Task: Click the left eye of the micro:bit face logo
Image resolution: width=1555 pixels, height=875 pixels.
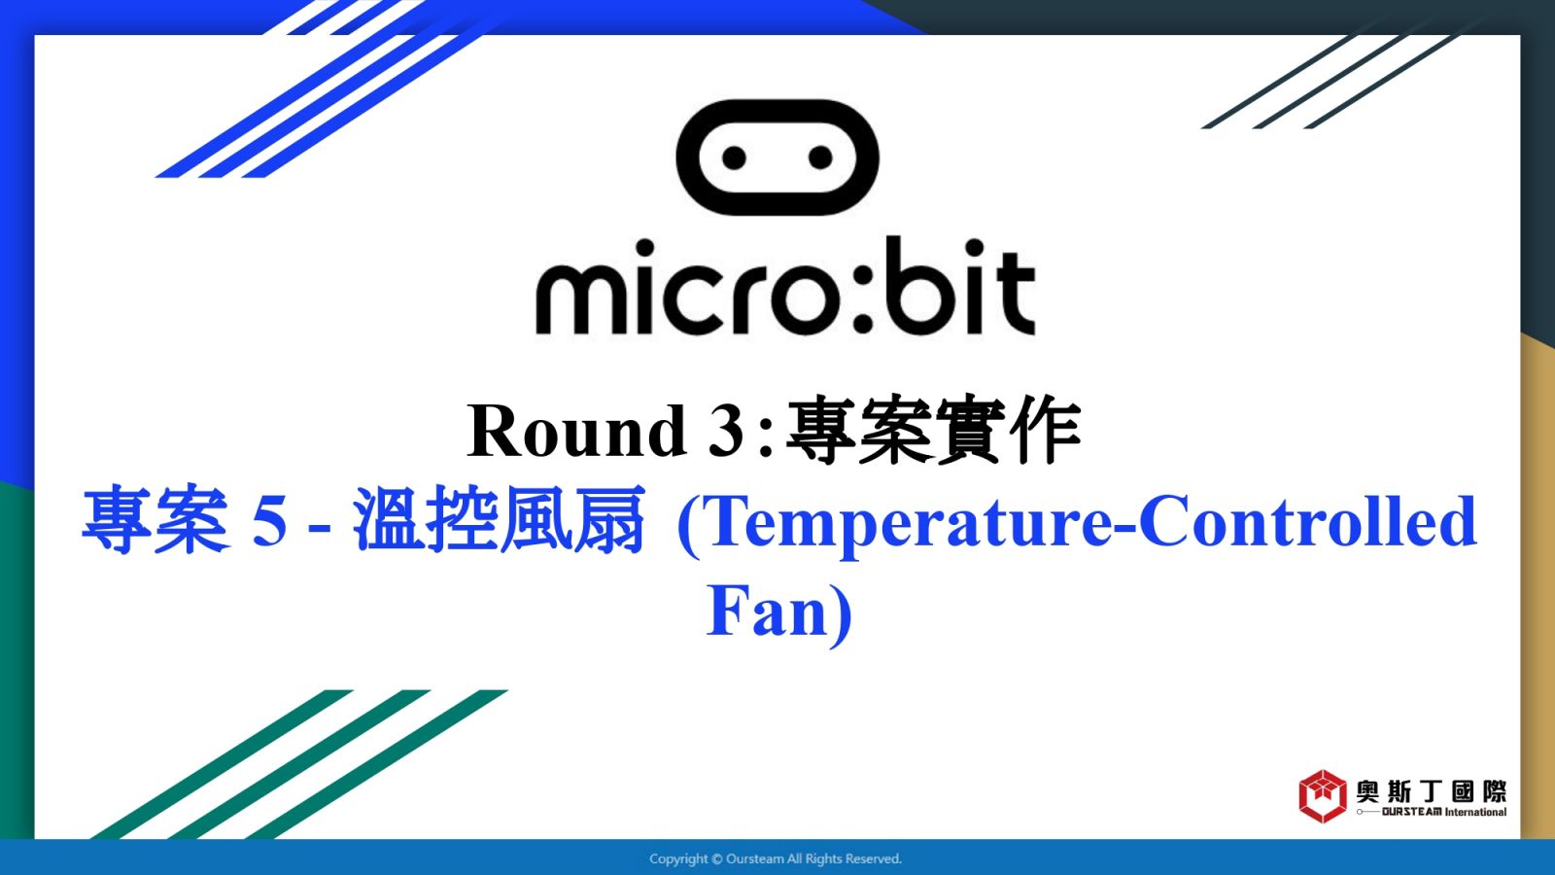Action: tap(734, 157)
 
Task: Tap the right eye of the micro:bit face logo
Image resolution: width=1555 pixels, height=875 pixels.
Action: tap(820, 157)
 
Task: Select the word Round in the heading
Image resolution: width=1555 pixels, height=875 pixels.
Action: tap(577, 431)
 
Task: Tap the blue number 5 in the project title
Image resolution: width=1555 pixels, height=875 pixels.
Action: tap(269, 521)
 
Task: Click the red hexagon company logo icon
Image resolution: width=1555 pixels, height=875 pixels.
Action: tap(1323, 796)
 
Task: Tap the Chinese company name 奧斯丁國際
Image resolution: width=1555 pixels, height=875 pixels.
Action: tap(1432, 791)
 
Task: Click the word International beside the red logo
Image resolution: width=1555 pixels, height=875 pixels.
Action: tap(1476, 812)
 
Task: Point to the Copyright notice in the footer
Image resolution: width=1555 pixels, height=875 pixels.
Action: tap(776, 859)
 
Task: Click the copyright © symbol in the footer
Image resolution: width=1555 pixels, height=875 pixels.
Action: tap(716, 859)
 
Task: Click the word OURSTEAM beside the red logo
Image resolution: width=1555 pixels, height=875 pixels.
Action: tap(1411, 812)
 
